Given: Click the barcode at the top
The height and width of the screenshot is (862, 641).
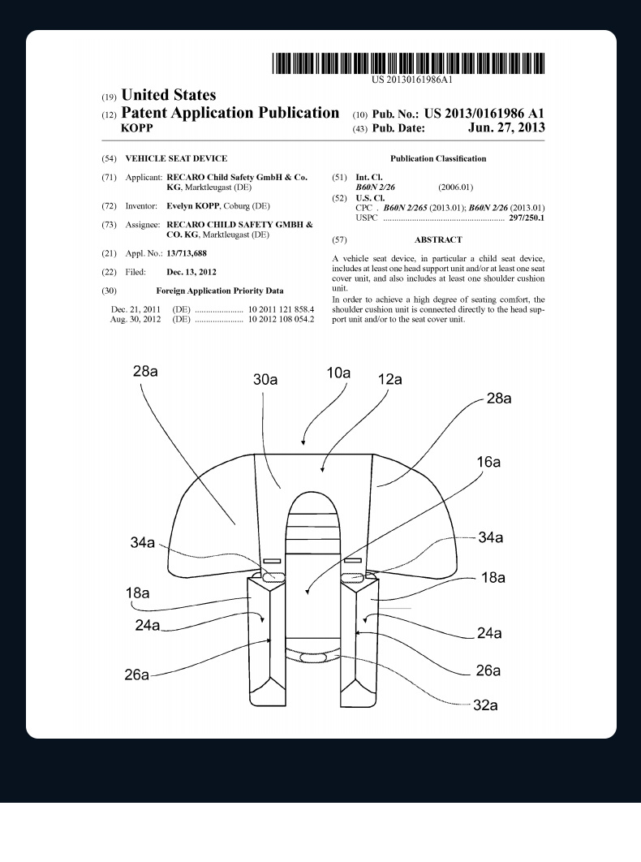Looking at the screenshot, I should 408,63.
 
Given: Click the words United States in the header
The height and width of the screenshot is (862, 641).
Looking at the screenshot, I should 168,96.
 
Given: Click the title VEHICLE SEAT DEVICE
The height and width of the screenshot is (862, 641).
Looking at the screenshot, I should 176,159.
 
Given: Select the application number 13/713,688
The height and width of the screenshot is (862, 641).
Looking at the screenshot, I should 187,253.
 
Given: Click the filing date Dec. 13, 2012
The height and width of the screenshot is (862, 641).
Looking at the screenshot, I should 191,272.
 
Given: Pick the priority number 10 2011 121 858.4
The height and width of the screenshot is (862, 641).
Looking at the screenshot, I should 281,310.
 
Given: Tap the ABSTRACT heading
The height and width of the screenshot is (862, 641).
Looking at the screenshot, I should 438,240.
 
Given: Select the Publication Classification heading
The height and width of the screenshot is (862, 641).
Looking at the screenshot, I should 438,159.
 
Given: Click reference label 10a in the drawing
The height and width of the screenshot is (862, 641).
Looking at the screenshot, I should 338,373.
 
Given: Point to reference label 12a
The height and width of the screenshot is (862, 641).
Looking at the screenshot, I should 390,379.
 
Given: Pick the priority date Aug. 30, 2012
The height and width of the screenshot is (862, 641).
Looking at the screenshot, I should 136,320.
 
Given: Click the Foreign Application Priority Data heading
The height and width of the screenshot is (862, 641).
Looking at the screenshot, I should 219,291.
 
